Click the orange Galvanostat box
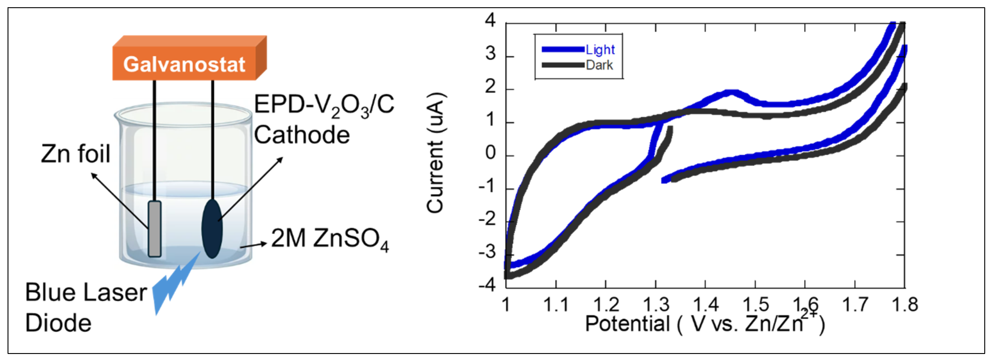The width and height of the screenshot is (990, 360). coord(184,63)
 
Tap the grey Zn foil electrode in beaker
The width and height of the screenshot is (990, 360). coord(155,228)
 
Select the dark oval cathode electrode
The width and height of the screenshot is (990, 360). coord(212,228)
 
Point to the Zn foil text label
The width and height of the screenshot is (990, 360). coord(76,154)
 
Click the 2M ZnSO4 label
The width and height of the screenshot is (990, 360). coord(330,239)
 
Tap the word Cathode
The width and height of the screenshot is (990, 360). coord(302,135)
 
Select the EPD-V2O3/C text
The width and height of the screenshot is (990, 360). coord(324,105)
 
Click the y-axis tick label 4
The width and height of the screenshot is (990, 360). coord(490,20)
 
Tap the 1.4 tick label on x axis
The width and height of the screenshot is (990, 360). coord(706,305)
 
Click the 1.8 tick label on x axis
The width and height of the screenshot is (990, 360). coord(904,305)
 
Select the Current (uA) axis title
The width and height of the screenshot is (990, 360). coord(435,153)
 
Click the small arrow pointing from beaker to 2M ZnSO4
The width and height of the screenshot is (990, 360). coord(254,245)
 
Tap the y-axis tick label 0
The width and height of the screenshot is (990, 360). coord(490,153)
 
